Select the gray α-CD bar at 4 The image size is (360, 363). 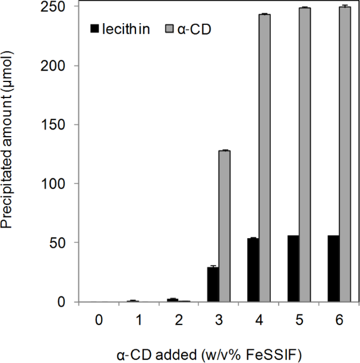(x=264, y=158)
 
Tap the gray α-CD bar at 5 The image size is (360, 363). (x=304, y=155)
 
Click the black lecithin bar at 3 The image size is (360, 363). (x=213, y=285)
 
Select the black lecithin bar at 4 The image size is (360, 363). (x=252, y=270)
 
